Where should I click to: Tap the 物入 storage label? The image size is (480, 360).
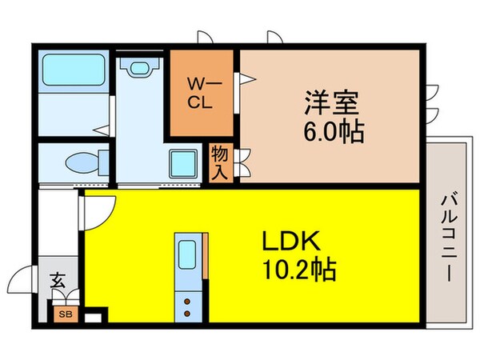(x=220, y=163)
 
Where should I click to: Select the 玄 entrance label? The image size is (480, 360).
(x=58, y=281)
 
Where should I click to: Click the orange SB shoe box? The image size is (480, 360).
(x=62, y=314)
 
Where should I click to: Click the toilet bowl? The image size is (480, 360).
(x=82, y=162)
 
